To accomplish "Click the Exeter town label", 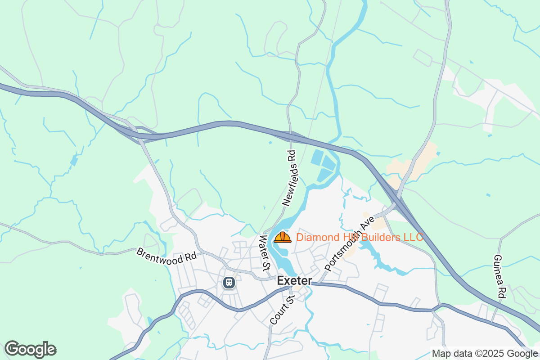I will point(294,281).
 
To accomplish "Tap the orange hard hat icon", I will point(283,237).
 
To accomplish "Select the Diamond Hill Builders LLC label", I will point(360,237).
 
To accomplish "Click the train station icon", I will point(229,283).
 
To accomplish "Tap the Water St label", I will point(265,253).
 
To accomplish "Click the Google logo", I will point(30,349).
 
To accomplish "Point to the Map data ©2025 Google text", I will point(485,354).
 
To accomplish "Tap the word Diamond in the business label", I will point(314,237).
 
